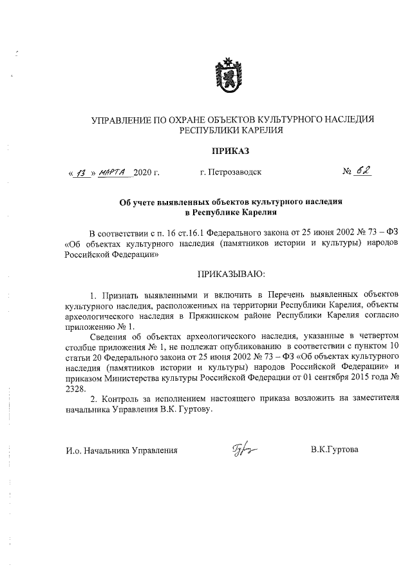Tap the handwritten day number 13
point(81,172)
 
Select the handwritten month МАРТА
point(115,172)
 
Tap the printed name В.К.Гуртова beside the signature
point(334,449)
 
